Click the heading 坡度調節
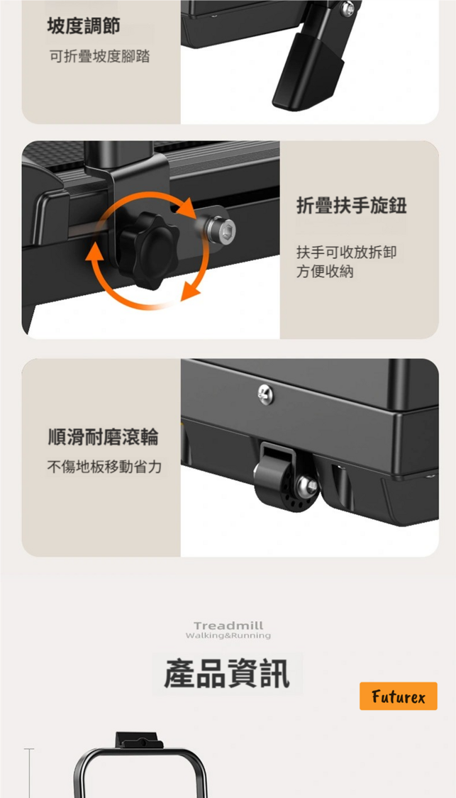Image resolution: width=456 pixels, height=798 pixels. (84, 26)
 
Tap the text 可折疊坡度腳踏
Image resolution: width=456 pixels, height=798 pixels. (100, 57)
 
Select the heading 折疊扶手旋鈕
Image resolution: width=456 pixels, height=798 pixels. (352, 206)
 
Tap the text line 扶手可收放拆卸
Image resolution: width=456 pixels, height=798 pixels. (347, 252)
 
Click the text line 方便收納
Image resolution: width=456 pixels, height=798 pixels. (326, 272)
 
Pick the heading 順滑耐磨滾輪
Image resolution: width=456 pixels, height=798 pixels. (103, 437)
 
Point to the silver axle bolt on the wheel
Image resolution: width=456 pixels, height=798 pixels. (307, 485)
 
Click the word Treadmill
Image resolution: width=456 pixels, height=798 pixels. (228, 626)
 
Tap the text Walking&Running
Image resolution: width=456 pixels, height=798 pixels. (228, 636)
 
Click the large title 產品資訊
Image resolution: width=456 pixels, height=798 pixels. (227, 675)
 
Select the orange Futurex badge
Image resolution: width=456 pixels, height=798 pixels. (399, 697)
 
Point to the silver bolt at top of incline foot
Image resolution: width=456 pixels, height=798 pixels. (347, 9)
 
